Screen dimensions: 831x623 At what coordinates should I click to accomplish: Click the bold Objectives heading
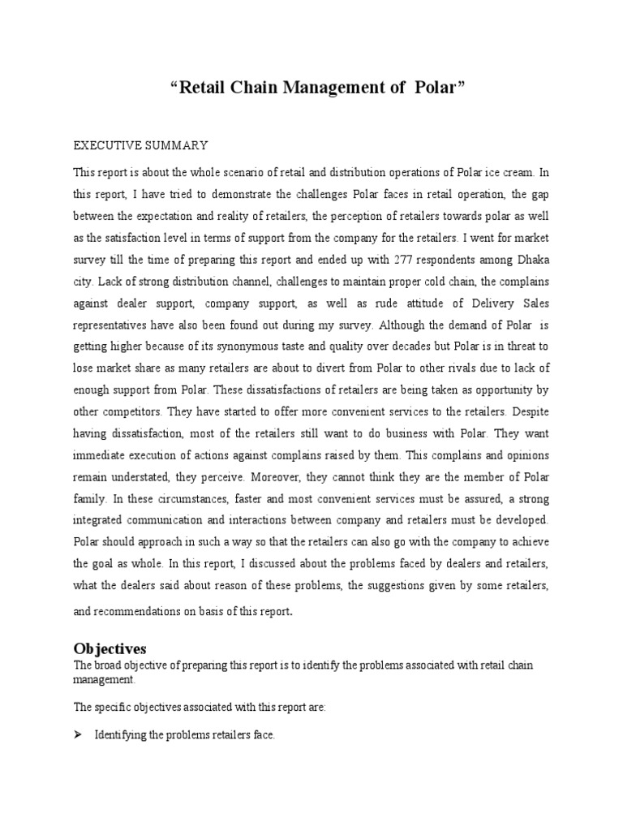(110, 648)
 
